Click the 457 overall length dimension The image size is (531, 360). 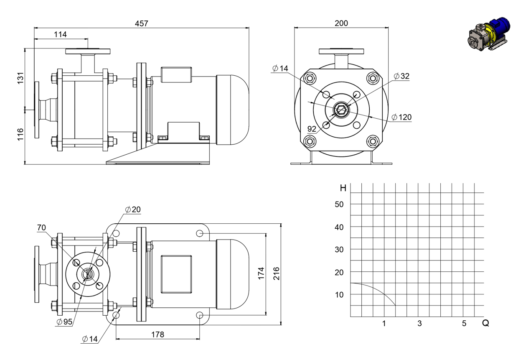pyautogui.click(x=142, y=23)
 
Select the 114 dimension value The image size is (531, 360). pyautogui.click(x=60, y=34)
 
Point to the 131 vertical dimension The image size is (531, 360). pyautogui.click(x=20, y=78)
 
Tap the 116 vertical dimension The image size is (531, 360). pyautogui.click(x=20, y=134)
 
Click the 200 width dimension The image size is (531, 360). pyautogui.click(x=341, y=23)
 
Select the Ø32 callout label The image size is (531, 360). pyautogui.click(x=401, y=76)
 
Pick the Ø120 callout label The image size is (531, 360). pyautogui.click(x=401, y=117)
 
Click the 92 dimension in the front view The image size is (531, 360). pyautogui.click(x=312, y=129)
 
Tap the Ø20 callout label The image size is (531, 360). pyautogui.click(x=133, y=209)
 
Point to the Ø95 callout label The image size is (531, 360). pyautogui.click(x=64, y=322)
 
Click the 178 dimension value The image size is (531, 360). pyautogui.click(x=158, y=334)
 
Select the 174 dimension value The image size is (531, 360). pyautogui.click(x=261, y=273)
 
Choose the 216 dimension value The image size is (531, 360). pyautogui.click(x=277, y=273)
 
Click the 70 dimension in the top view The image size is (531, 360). pyautogui.click(x=41, y=227)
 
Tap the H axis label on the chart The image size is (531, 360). pyautogui.click(x=343, y=188)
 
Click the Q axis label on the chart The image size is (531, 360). pyautogui.click(x=485, y=323)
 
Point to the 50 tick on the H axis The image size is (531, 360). pyautogui.click(x=339, y=204)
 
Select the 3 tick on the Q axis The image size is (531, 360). pyautogui.click(x=419, y=323)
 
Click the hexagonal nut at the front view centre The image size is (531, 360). pyautogui.click(x=341, y=110)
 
